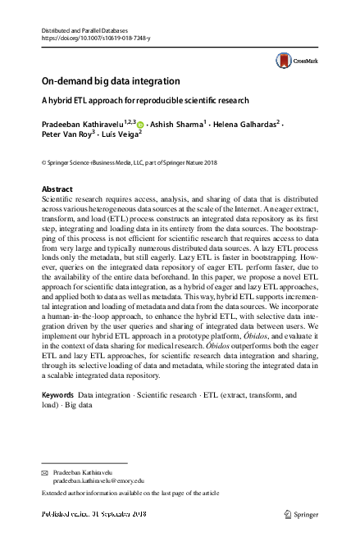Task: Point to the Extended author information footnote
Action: tap(130, 494)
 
